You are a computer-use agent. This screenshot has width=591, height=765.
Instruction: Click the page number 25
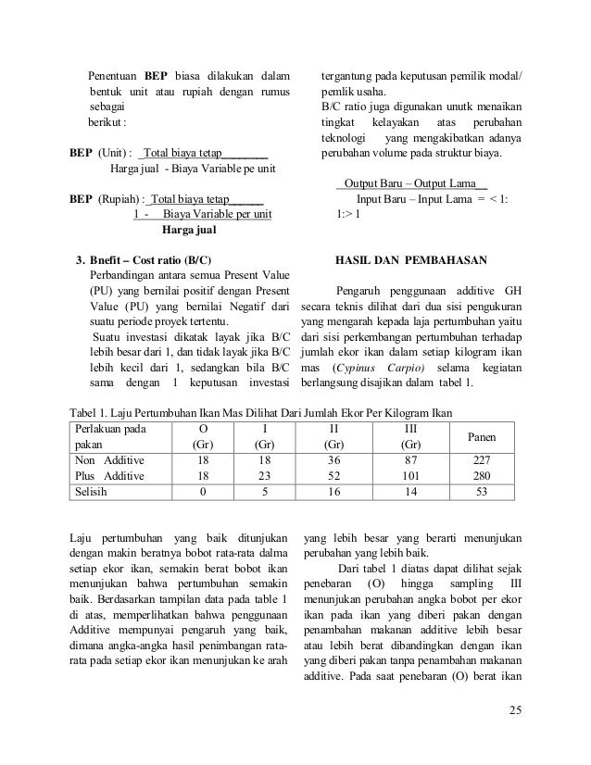(515, 710)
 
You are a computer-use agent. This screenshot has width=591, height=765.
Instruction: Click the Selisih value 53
(480, 491)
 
